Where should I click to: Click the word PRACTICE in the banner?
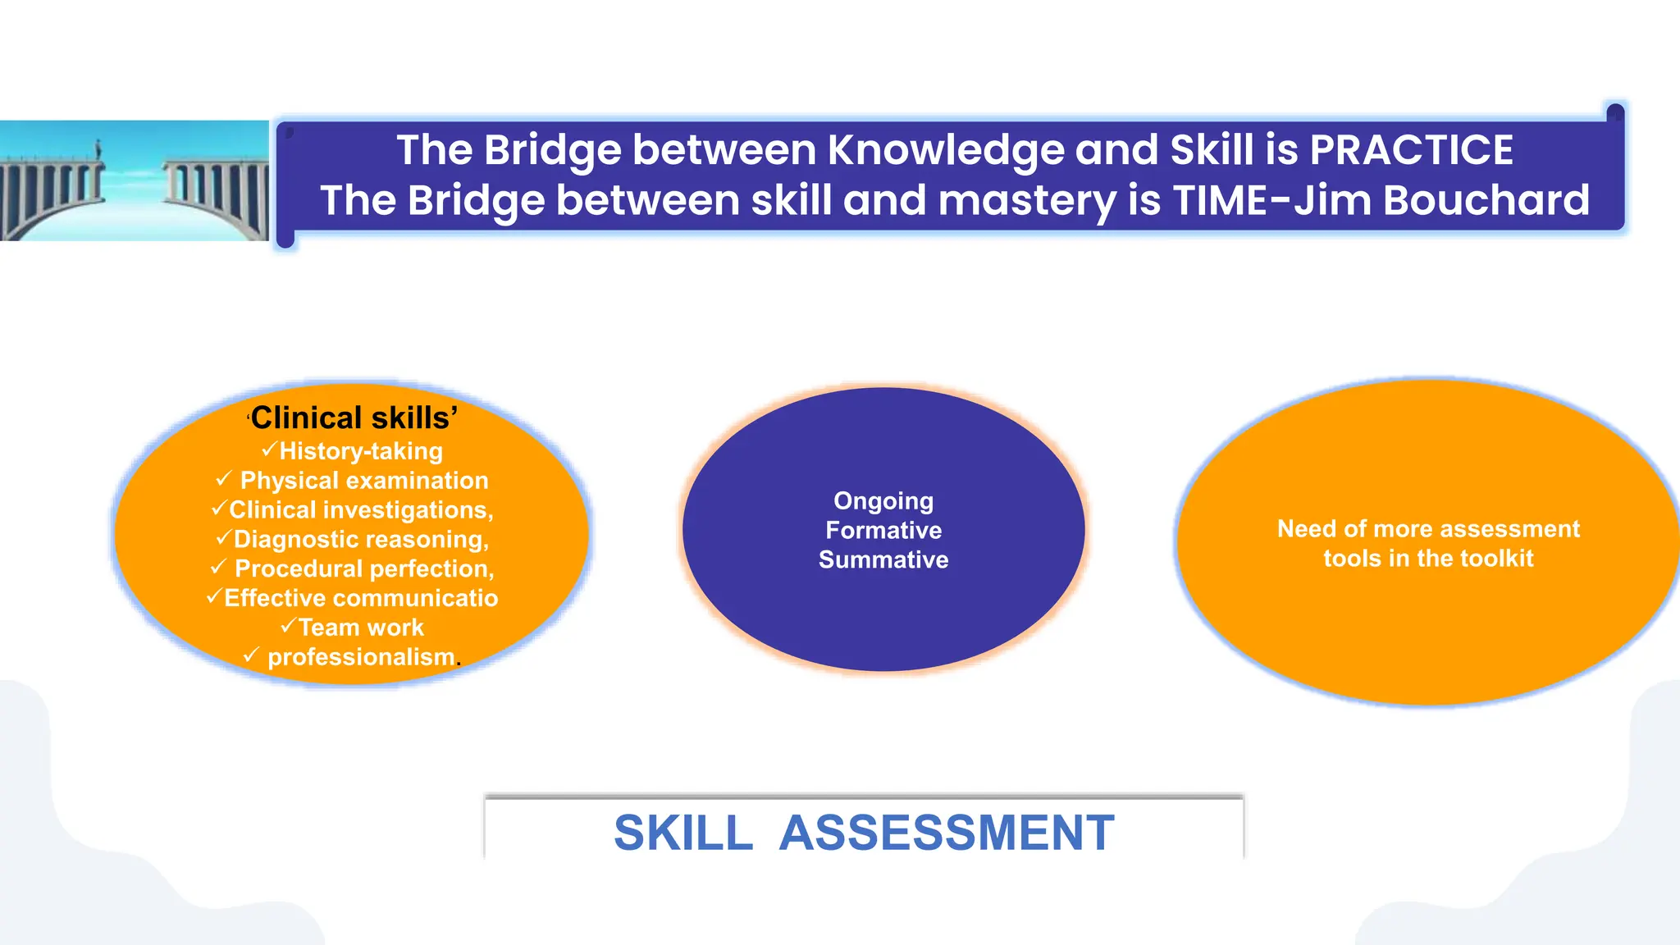1411,150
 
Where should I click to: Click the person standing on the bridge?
98,150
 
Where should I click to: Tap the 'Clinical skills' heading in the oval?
353,418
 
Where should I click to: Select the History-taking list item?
361,451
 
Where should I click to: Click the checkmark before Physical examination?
223,479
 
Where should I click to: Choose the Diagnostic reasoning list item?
361,540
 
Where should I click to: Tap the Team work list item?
360,628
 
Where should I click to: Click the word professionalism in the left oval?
361,657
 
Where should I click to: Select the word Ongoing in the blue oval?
883,501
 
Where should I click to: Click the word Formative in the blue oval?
883,531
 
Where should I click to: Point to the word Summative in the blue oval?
883,560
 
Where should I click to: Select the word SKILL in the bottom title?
683,833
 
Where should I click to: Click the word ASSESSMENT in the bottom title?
947,833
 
